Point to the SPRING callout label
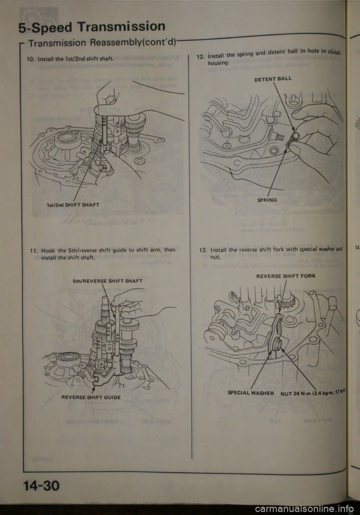[267, 200]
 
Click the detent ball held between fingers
[296, 135]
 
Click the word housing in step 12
[218, 64]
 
